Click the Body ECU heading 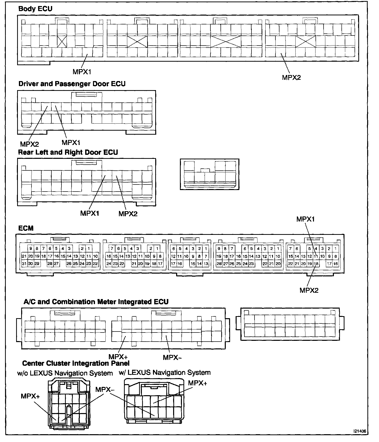pyautogui.click(x=35, y=9)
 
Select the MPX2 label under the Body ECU pyautogui.click(x=291, y=78)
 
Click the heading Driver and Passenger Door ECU pyautogui.click(x=72, y=84)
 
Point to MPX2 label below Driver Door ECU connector pyautogui.click(x=29, y=144)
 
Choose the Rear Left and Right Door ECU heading pyautogui.click(x=68, y=152)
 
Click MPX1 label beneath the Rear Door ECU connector pyautogui.click(x=90, y=213)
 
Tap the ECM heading pyautogui.click(x=26, y=228)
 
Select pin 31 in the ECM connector pyautogui.click(x=24, y=264)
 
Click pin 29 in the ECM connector pyautogui.click(x=37, y=264)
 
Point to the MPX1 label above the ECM pyautogui.click(x=305, y=219)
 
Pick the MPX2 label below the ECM pyautogui.click(x=309, y=290)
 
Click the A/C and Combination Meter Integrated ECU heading pyautogui.click(x=96, y=302)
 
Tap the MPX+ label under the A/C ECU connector pyautogui.click(x=118, y=357)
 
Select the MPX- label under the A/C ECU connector pyautogui.click(x=172, y=357)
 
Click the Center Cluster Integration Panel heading pyautogui.click(x=76, y=363)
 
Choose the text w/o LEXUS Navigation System pyautogui.click(x=65, y=373)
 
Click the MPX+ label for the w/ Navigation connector pyautogui.click(x=198, y=383)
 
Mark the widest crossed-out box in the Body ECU pyautogui.click(x=226, y=41)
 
